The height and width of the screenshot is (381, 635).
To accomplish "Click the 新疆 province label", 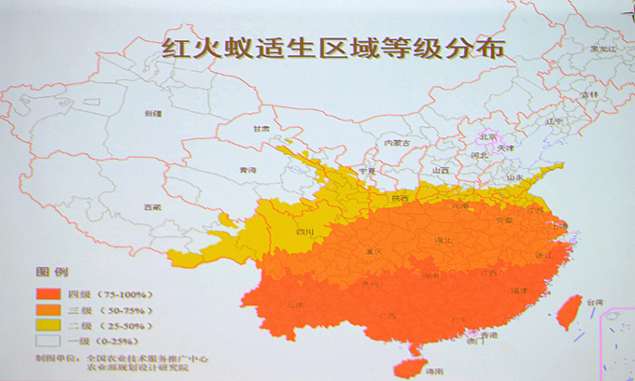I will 153,113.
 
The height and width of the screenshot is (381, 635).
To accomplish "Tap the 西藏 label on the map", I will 152,206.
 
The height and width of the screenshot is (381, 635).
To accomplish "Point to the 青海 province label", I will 247,171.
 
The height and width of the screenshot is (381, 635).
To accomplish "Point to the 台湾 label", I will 594,301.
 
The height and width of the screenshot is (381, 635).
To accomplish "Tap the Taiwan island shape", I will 567,313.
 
